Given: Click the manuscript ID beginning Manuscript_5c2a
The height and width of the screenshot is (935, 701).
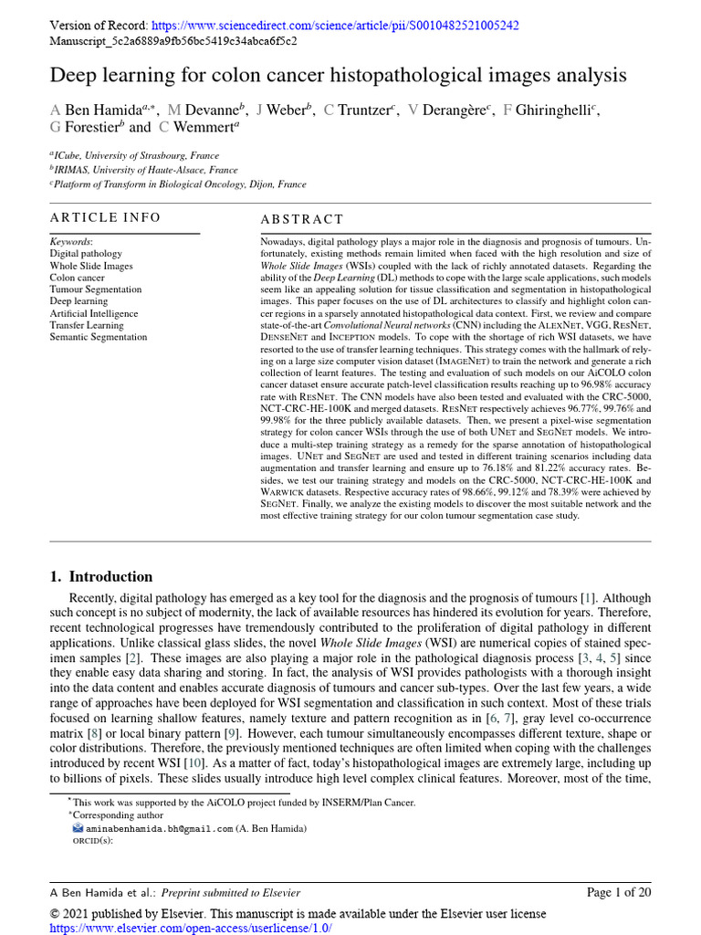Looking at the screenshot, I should click(x=173, y=41).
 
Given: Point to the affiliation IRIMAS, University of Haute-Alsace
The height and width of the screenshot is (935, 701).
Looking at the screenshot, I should click(x=146, y=170).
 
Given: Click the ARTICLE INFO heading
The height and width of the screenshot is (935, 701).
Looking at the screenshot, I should click(x=105, y=217).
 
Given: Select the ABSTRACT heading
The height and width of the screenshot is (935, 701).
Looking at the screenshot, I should click(x=302, y=219).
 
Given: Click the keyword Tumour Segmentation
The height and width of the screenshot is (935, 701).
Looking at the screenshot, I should click(x=96, y=289).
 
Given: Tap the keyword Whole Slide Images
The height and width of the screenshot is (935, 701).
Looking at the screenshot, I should click(x=91, y=266).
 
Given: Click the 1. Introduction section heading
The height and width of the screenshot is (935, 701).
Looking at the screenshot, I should click(x=101, y=576).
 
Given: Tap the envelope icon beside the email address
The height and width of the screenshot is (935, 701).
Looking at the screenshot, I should click(x=78, y=828).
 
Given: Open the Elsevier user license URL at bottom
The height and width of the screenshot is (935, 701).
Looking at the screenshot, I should click(x=191, y=928).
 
